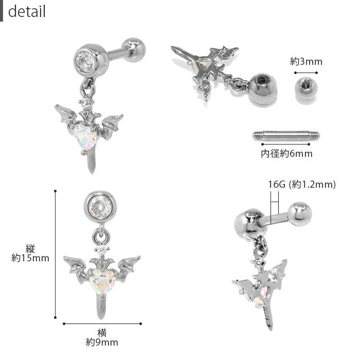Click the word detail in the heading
pos(27,11)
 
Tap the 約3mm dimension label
pos(306,62)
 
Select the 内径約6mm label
pos(286,154)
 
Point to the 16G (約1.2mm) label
pos(302,184)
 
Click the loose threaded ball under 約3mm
pos(305,88)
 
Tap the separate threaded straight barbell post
pos(286,135)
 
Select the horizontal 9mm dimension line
pos(102,323)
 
